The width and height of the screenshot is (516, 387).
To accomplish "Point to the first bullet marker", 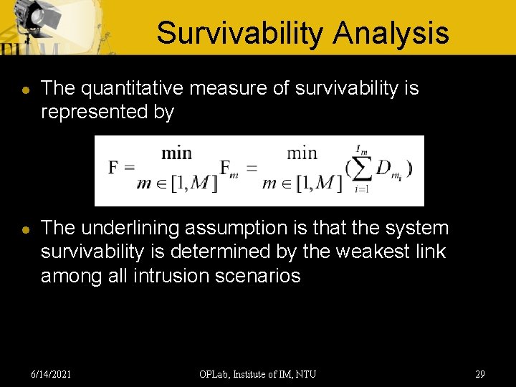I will [25, 90].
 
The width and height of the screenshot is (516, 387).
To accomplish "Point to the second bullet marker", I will [25, 229].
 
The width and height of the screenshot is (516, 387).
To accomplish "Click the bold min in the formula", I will [176, 153].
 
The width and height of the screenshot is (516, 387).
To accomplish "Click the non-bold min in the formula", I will [302, 153].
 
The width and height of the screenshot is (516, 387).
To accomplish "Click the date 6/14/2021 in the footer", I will [51, 373].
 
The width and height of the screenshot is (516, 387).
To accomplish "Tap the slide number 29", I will [479, 373].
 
